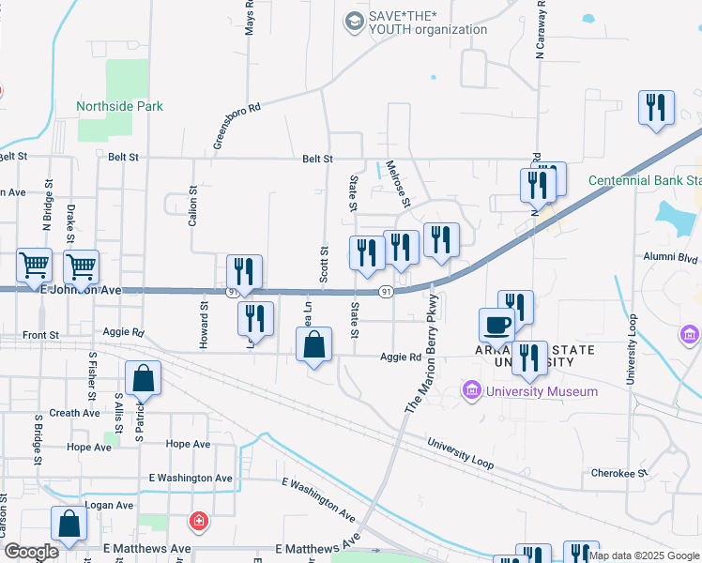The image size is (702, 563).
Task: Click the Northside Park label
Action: pyautogui.click(x=120, y=107)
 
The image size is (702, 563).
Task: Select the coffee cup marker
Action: pyautogui.click(x=496, y=325)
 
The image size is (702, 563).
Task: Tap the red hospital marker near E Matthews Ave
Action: pyautogui.click(x=198, y=521)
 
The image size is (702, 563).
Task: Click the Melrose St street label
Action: pyautogui.click(x=400, y=182)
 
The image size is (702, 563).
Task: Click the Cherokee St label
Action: pyautogui.click(x=619, y=473)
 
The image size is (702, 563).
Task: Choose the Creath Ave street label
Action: pyautogui.click(x=75, y=413)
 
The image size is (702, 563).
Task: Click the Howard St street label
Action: pyautogui.click(x=203, y=325)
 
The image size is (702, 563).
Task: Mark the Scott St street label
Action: pyautogui.click(x=323, y=265)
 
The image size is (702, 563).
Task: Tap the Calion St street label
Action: pyautogui.click(x=193, y=207)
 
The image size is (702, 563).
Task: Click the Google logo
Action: pyautogui.click(x=31, y=553)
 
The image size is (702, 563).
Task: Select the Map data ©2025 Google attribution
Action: pyautogui.click(x=645, y=555)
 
